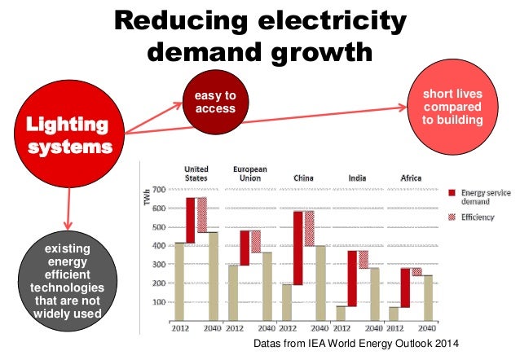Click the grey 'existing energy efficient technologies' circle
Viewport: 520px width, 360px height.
coord(65,279)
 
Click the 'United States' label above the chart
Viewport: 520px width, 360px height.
coord(196,173)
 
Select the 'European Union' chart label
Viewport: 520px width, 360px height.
coord(250,173)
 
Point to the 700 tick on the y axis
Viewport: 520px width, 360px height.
coord(159,191)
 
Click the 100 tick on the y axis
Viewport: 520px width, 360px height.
coord(159,302)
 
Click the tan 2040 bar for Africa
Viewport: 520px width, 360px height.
coord(427,301)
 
